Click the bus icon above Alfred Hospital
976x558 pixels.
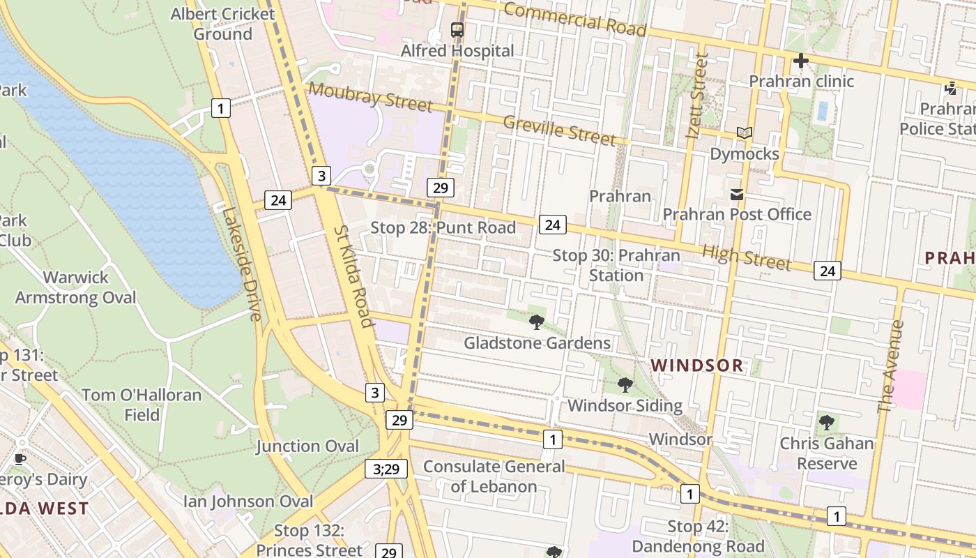[x=457, y=30]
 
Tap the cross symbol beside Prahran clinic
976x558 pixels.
[x=800, y=61]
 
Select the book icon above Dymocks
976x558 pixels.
[x=744, y=133]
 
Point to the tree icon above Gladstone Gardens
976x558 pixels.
[x=536, y=322]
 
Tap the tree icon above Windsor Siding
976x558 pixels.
[x=625, y=384]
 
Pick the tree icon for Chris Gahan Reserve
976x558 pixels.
[x=826, y=422]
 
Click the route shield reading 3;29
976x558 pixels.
[x=386, y=469]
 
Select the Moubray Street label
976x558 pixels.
[x=370, y=96]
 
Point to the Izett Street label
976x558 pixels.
[x=697, y=96]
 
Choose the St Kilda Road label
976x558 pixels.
[x=353, y=276]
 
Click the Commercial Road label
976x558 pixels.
[x=574, y=19]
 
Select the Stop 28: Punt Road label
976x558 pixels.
[x=443, y=228]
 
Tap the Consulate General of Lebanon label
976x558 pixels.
[x=494, y=476]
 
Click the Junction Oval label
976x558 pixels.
[x=307, y=446]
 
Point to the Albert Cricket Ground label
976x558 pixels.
[x=222, y=24]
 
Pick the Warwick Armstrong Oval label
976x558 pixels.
[x=75, y=287]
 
